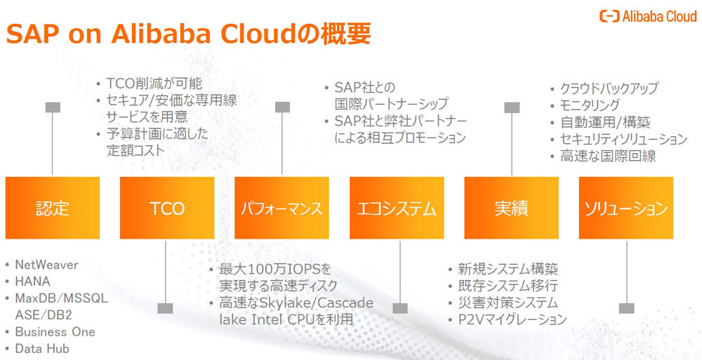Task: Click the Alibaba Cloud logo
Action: (x=647, y=16)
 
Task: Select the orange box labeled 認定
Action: (x=53, y=208)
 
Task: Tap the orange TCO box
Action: (x=167, y=208)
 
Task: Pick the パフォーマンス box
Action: (x=282, y=208)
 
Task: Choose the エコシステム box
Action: (x=397, y=208)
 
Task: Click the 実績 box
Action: (x=511, y=208)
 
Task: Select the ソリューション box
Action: (x=625, y=208)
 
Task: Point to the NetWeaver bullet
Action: (x=47, y=265)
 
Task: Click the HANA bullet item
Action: (x=33, y=281)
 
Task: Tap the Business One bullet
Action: (x=55, y=331)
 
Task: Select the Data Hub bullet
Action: (x=42, y=348)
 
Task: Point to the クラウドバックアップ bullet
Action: (x=609, y=88)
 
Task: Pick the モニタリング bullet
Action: (x=590, y=105)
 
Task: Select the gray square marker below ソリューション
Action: (x=626, y=308)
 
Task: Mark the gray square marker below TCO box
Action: (x=166, y=308)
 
